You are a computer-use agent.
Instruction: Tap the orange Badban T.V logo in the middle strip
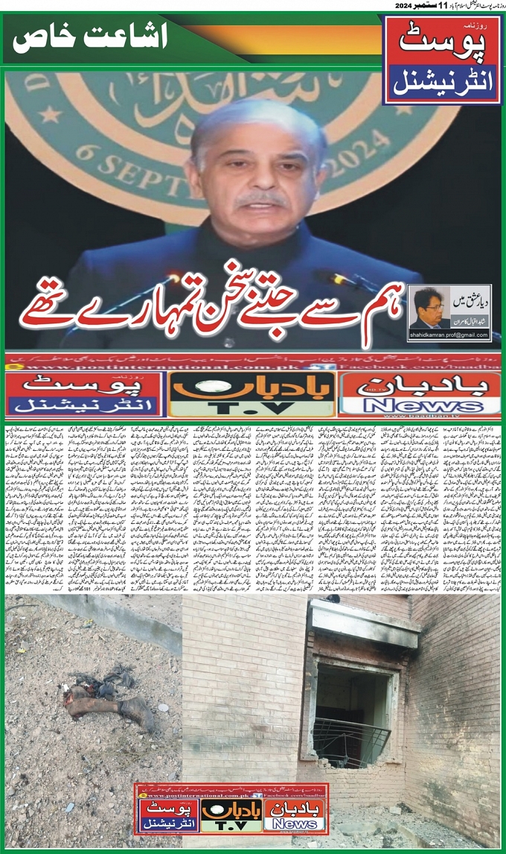point(251,393)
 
